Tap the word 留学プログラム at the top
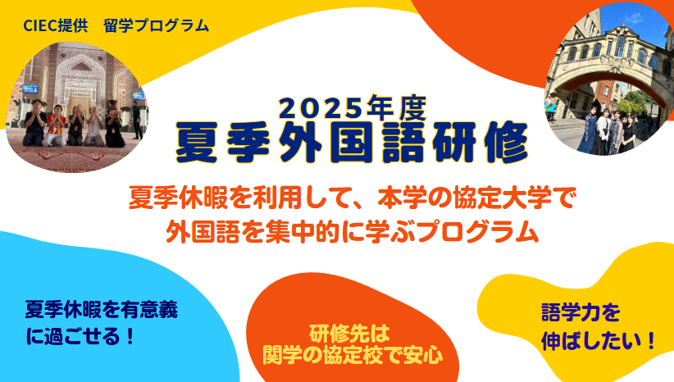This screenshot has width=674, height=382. click(157, 25)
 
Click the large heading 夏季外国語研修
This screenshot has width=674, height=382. click(351, 143)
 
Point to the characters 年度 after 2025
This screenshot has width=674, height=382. click(396, 107)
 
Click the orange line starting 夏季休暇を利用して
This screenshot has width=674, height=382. click(352, 198)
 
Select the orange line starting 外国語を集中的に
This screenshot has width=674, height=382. click(352, 232)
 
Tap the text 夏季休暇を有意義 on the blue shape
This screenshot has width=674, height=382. click(102, 310)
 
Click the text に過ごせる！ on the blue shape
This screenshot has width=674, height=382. click(80, 336)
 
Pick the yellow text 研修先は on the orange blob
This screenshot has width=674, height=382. click(349, 333)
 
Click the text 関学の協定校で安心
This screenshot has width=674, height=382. click(353, 355)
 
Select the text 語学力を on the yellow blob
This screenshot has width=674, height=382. click(581, 312)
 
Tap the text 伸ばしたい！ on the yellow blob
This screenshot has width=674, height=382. click(599, 341)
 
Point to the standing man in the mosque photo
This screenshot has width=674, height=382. click(137, 120)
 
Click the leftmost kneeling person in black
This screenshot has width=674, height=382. click(34, 123)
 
